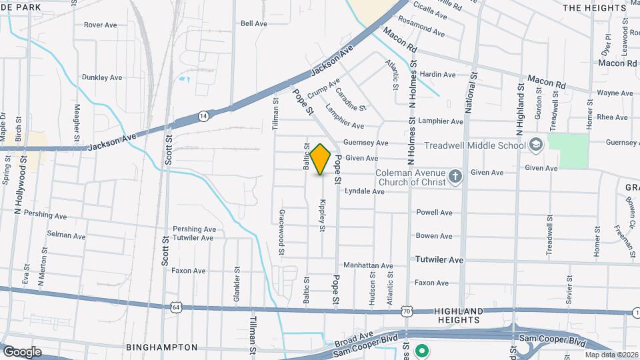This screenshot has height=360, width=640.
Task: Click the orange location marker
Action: [320, 159]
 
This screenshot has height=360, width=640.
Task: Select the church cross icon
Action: [455, 176]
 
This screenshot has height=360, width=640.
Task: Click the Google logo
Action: [21, 351]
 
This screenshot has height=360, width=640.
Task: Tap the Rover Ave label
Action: [101, 25]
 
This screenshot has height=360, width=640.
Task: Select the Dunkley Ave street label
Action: [102, 77]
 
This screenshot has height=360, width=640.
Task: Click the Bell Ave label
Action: [253, 23]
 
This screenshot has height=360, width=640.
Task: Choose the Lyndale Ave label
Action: [364, 191]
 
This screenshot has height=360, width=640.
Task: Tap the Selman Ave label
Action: [66, 235]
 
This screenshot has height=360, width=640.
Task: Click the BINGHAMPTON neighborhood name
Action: [162, 347]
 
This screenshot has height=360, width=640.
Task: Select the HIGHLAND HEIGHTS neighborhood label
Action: [459, 316]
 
